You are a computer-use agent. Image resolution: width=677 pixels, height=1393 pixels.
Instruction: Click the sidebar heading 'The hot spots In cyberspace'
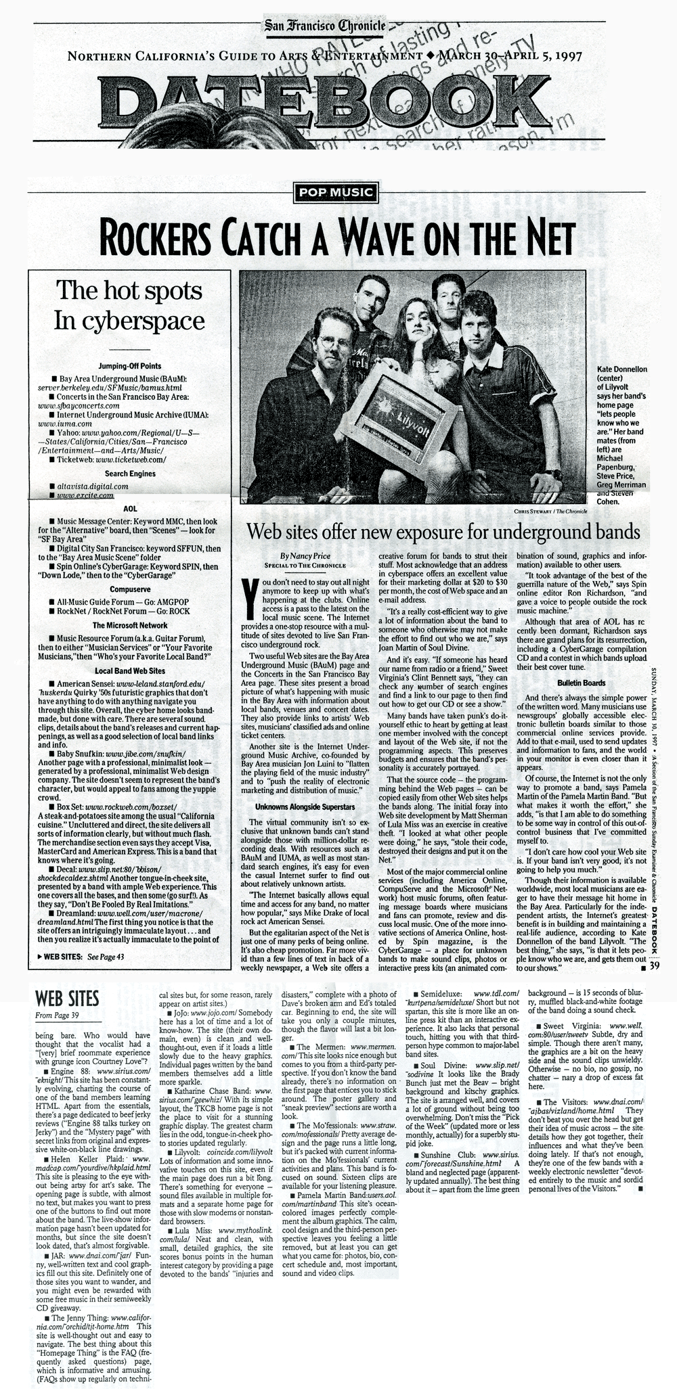[x=129, y=305]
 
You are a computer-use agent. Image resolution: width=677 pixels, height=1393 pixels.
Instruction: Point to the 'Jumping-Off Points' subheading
[x=130, y=366]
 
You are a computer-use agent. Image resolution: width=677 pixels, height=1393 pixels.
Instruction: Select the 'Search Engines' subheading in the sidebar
[x=130, y=474]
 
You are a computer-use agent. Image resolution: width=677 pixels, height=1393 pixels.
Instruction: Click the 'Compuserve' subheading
[x=130, y=589]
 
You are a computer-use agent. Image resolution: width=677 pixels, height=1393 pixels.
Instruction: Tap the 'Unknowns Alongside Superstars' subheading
[x=305, y=806]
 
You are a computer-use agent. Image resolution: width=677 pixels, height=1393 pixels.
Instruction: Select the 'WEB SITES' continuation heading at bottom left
[x=67, y=999]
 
